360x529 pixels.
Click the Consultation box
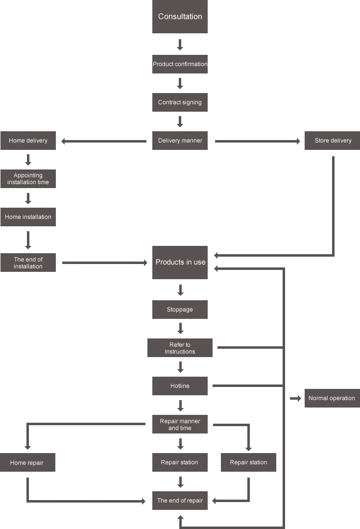click(180, 17)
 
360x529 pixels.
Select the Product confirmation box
click(180, 64)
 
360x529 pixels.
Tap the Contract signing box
click(180, 102)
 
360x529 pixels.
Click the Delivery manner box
click(180, 141)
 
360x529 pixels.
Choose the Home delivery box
click(28, 141)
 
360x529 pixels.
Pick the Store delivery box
click(333, 141)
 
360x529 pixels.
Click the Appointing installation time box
click(28, 179)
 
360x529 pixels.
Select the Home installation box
click(28, 217)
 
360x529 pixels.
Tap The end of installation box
click(28, 263)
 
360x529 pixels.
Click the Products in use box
click(180, 263)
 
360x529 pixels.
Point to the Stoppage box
click(180, 310)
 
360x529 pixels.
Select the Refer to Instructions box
click(180, 348)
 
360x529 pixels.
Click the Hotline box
click(180, 386)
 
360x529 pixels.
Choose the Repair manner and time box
click(180, 424)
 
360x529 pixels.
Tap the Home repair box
click(27, 462)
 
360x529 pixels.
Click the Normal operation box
click(333, 398)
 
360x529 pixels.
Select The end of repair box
click(180, 501)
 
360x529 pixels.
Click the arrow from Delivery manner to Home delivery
click(103, 142)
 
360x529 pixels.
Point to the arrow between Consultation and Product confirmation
click(180, 45)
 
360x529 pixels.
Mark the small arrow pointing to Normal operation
click(295, 398)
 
